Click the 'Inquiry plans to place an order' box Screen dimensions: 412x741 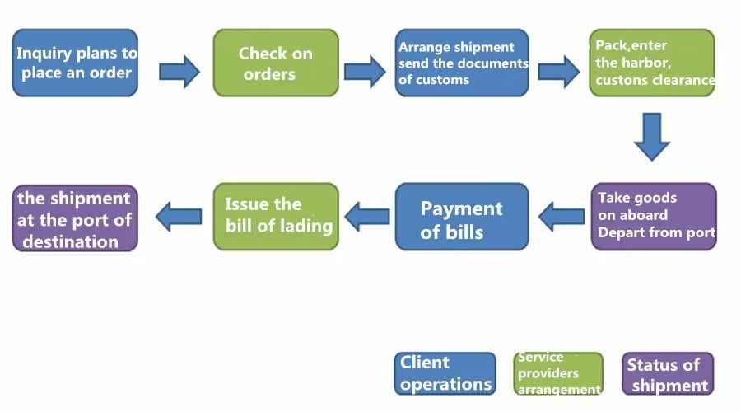tap(75, 63)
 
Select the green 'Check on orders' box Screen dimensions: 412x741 tap(276, 63)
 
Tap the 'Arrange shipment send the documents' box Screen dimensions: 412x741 tap(462, 63)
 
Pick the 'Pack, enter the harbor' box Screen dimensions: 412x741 tap(652, 63)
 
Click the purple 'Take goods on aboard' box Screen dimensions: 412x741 tap(654, 216)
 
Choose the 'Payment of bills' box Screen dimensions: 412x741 tap(462, 218)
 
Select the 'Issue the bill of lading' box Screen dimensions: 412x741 tap(276, 216)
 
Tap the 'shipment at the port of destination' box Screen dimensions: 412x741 tap(75, 218)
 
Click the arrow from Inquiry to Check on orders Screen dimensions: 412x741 tap(179, 71)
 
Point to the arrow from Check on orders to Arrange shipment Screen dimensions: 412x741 tap(364, 71)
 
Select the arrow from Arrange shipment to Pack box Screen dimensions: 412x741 tap(558, 71)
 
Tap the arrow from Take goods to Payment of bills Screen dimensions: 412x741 tap(561, 217)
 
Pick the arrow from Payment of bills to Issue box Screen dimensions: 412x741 tap(366, 217)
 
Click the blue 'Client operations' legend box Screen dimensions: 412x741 tap(445, 373)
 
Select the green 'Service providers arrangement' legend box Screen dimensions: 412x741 tap(558, 373)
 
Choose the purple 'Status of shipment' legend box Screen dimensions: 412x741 tap(667, 374)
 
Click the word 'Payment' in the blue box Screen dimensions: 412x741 tap(461, 208)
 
